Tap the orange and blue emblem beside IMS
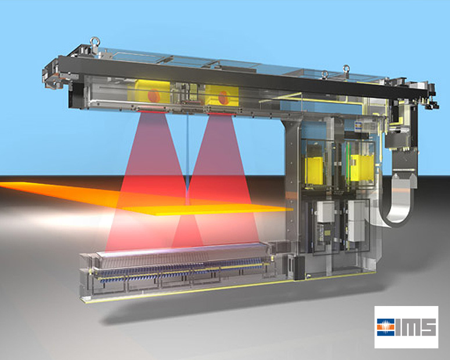[x=386, y=327]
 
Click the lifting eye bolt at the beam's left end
[x=95, y=42]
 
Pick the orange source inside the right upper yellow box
[x=223, y=98]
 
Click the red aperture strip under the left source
[x=152, y=112]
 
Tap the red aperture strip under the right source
[x=222, y=114]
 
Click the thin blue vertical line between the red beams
[x=188, y=155]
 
